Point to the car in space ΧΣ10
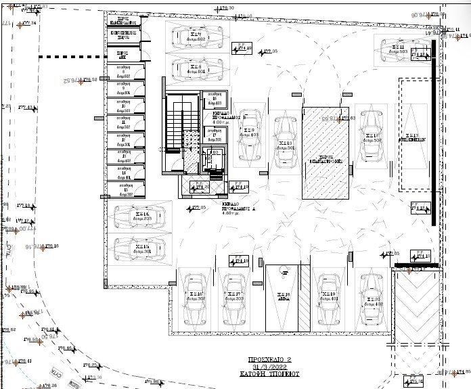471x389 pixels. click(285, 142)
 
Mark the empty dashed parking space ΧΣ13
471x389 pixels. click(413, 135)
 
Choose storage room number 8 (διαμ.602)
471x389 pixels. click(125, 74)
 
